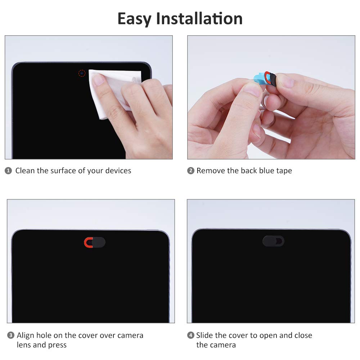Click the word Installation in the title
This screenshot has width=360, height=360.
[x=199, y=19]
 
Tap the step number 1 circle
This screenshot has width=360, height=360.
[x=8, y=171]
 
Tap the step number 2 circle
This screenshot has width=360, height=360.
[x=191, y=171]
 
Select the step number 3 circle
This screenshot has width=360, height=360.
[x=11, y=336]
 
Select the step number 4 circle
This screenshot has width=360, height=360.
[x=191, y=336]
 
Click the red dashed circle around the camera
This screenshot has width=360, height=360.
[x=82, y=73]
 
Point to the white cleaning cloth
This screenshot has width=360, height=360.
[x=108, y=94]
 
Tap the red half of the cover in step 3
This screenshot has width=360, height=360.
[x=87, y=242]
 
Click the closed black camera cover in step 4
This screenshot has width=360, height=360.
[x=273, y=241]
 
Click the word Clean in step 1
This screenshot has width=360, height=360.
[x=25, y=171]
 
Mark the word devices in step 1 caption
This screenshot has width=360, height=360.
[x=118, y=171]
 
